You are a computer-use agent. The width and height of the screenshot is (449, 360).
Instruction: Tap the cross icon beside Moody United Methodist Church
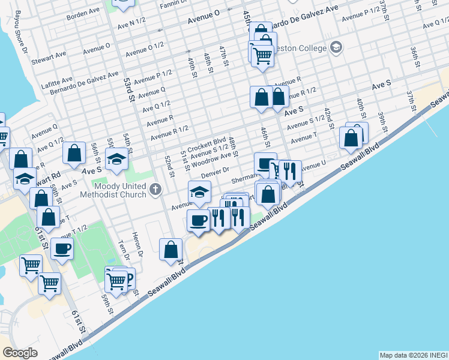(155, 190)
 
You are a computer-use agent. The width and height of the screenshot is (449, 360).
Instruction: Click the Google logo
(20, 353)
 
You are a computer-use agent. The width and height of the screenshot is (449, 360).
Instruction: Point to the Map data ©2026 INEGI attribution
(413, 355)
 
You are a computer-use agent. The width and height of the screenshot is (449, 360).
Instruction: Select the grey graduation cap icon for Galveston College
(336, 47)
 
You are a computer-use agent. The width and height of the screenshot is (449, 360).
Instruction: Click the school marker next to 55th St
(116, 160)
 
